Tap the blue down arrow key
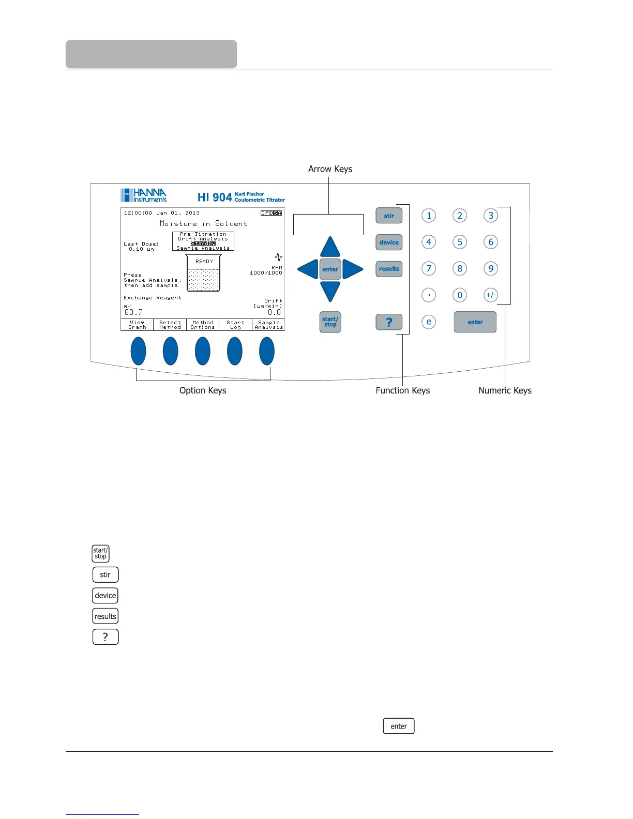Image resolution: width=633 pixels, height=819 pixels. coord(330,291)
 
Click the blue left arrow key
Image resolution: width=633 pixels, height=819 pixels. coord(309,269)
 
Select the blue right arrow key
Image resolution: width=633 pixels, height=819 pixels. coord(352,269)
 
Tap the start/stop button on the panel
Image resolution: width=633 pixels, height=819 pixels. coord(330,322)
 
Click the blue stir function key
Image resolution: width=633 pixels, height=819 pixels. coord(389,216)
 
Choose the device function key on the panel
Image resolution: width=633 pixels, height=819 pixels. coord(389,242)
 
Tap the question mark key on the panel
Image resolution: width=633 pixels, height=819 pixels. coord(389,322)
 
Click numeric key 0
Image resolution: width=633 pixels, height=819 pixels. coord(460,295)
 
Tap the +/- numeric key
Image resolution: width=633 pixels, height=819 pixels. coord(491,295)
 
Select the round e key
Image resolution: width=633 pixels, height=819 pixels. coord(429,322)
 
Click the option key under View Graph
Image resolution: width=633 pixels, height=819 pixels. coord(138,351)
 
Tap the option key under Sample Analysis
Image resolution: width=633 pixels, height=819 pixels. coord(267,351)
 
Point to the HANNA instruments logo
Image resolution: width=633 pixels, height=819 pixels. coord(144,195)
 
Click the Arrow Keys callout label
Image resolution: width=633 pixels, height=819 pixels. coord(330,169)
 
